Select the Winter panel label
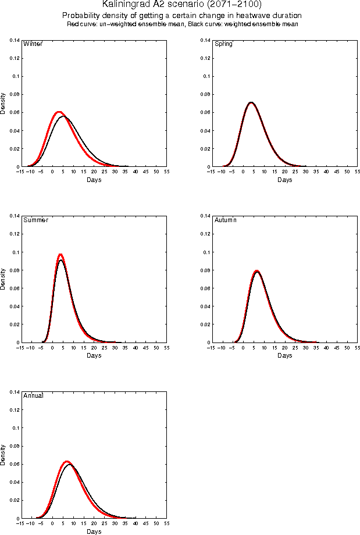[32, 44]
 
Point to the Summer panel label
[35, 220]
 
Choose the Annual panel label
[33, 396]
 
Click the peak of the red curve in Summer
[60, 255]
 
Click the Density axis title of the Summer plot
[3, 279]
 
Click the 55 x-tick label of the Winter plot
[167, 172]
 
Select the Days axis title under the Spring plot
[284, 180]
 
